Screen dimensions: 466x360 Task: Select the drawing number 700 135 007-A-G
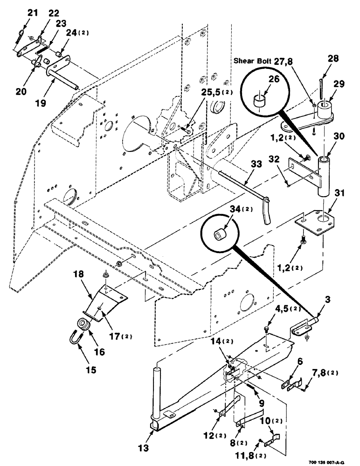(x=330, y=461)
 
